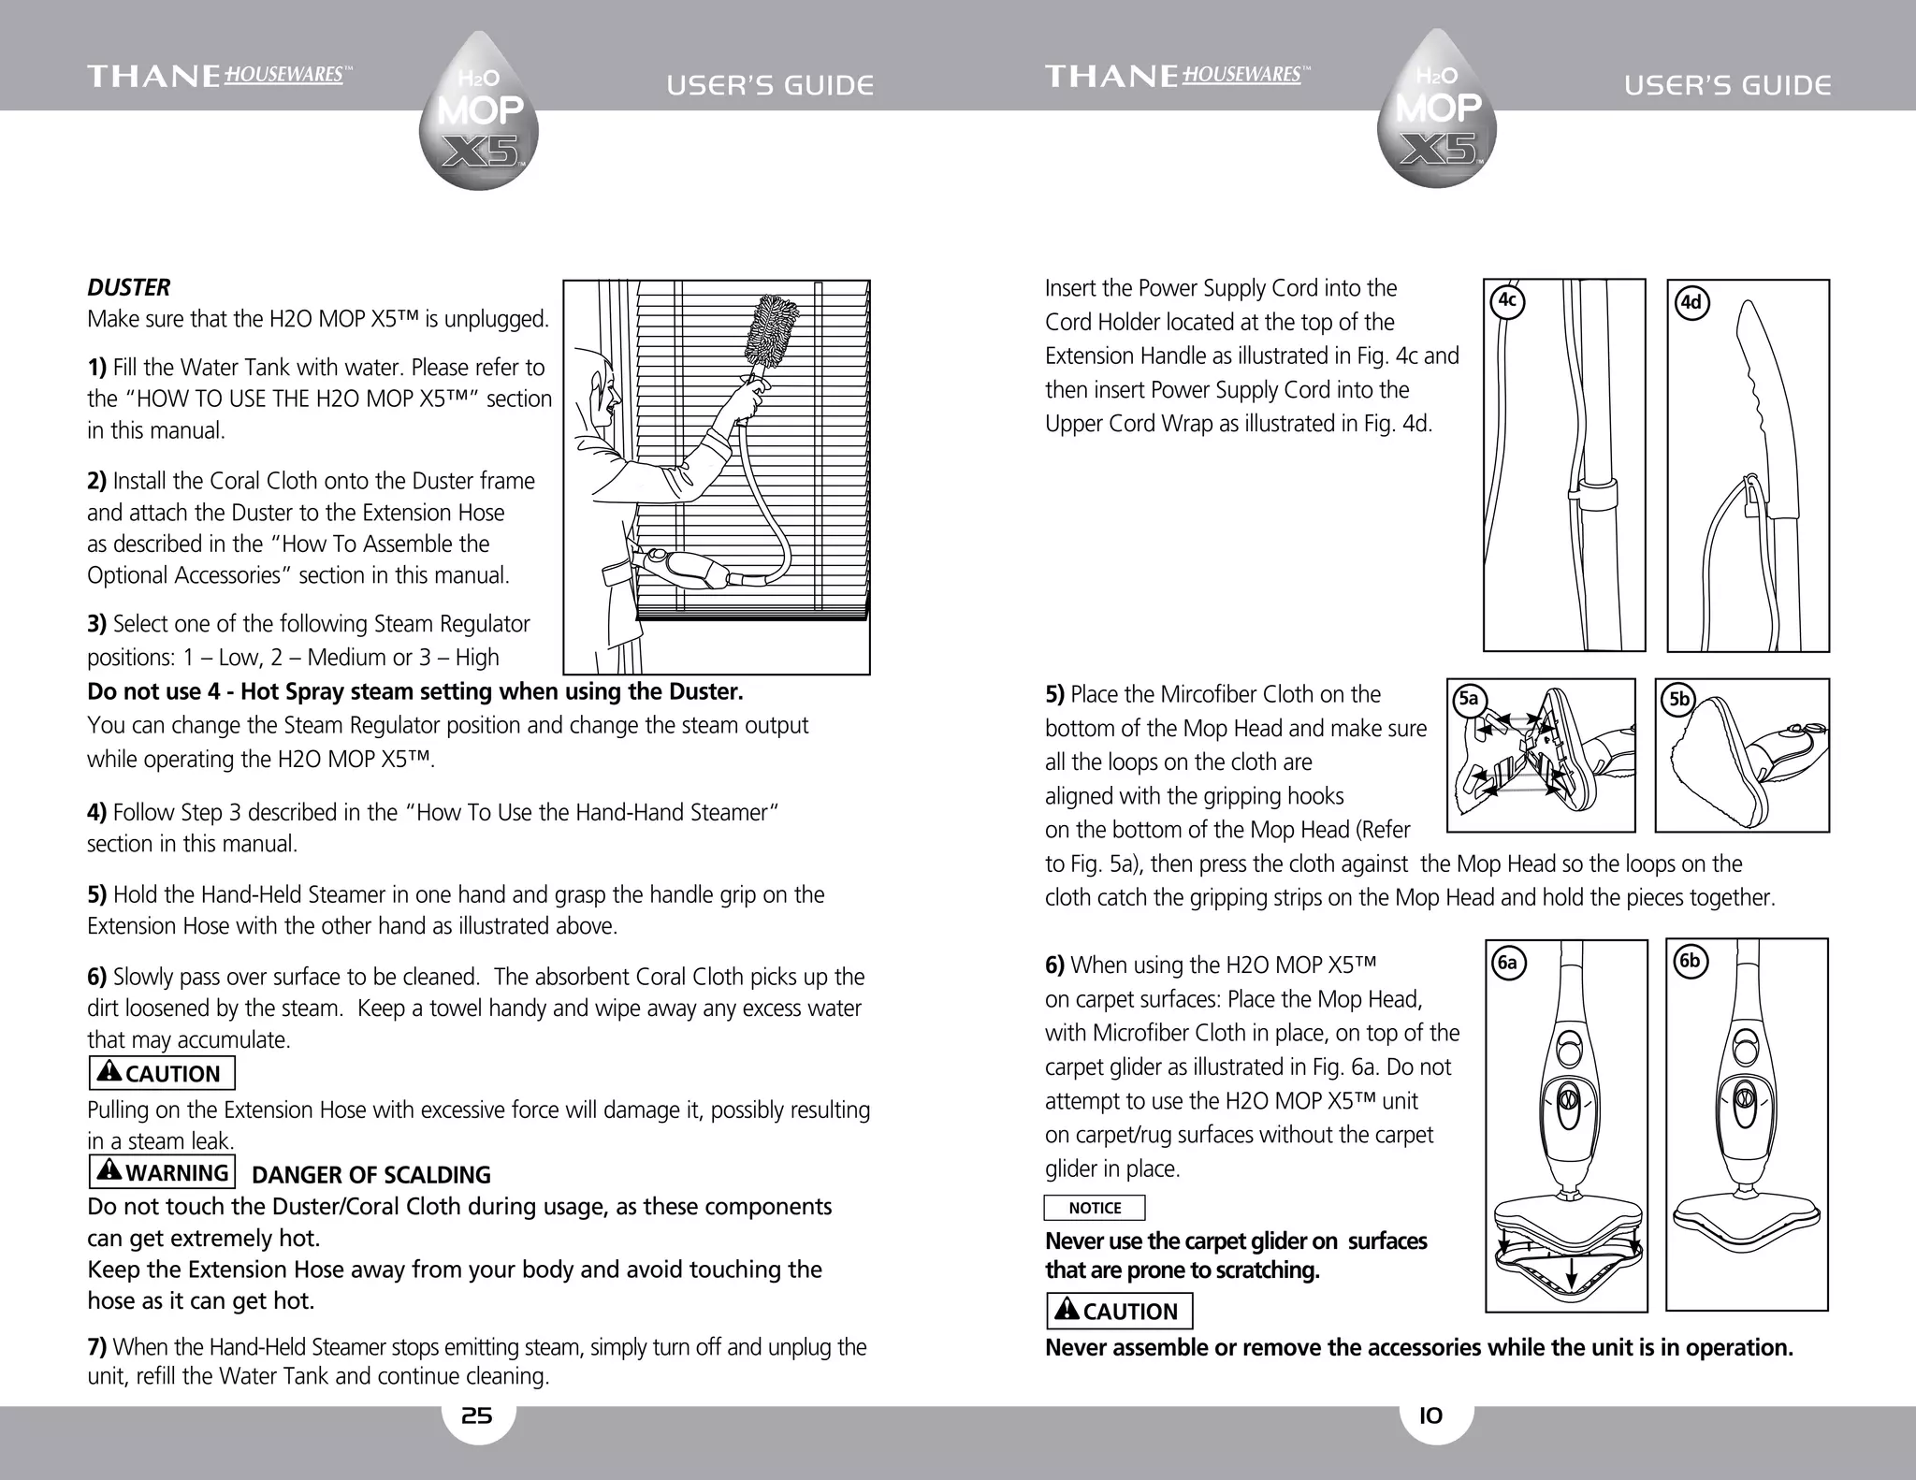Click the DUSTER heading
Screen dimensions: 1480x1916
pos(128,287)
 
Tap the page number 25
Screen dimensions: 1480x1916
pos(477,1416)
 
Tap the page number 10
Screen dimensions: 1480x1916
pos(1430,1416)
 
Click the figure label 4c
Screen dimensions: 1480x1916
pos(1506,301)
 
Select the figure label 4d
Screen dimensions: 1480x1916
pos(1691,303)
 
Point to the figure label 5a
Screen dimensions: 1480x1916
pos(1469,699)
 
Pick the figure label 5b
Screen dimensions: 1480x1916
pos(1679,699)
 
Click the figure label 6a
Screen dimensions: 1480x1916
pos(1506,963)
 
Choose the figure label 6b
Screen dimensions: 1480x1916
pos(1689,961)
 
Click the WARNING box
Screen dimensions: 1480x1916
pos(163,1172)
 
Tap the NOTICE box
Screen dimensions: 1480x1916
pos(1094,1208)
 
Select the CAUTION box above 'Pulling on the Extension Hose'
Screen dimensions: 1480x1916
pos(162,1073)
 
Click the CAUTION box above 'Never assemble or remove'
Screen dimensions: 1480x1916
pos(1119,1311)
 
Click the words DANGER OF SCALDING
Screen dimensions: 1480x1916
pos(371,1175)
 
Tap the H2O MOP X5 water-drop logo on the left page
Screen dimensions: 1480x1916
pos(479,112)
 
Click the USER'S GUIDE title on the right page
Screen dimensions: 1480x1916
pos(1727,86)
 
